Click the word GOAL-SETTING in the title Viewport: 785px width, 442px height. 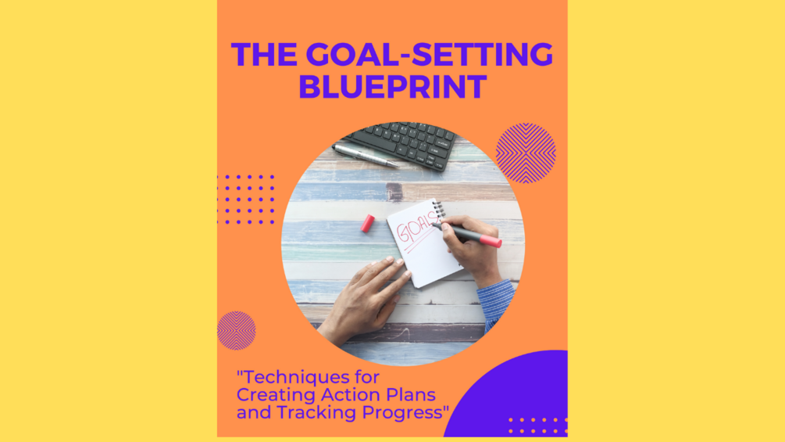coord(430,55)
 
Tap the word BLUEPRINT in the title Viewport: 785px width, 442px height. coord(392,87)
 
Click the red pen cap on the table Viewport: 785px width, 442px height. coord(366,223)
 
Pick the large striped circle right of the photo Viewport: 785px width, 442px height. coord(526,153)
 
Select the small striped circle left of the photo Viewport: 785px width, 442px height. coord(237,330)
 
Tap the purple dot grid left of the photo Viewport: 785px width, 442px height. coord(246,199)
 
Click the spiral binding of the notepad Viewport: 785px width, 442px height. coord(438,210)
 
